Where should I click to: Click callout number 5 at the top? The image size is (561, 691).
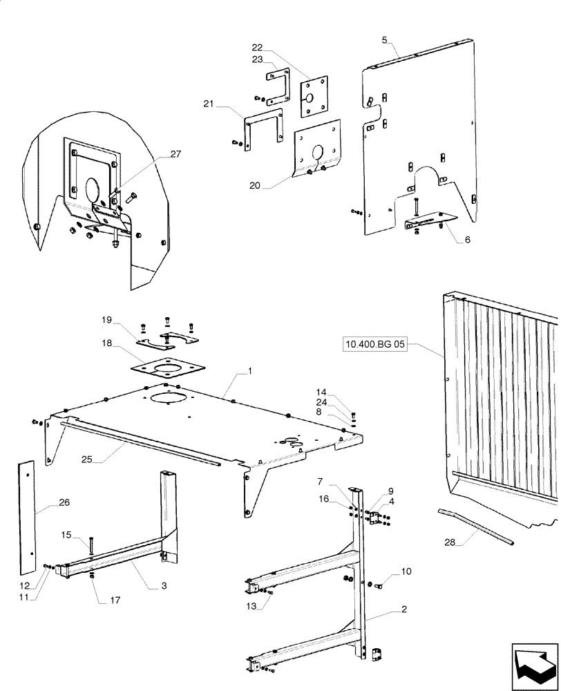(x=383, y=40)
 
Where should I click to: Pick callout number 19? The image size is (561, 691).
(x=106, y=320)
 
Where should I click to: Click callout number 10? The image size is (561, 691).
(x=406, y=571)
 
